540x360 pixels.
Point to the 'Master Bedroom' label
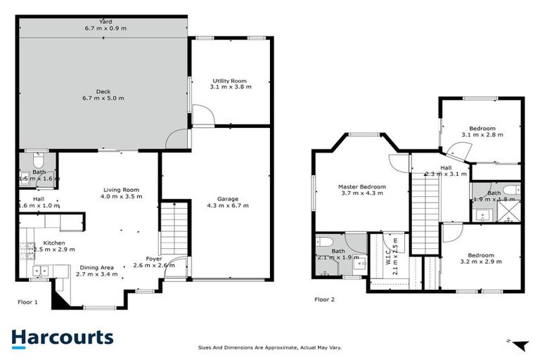(359, 186)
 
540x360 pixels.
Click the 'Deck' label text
(103, 91)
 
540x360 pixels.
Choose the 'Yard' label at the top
(105, 22)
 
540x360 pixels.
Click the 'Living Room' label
(121, 189)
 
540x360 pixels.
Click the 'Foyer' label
(154, 259)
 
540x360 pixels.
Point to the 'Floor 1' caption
(28, 301)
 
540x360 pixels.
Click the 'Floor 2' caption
(324, 298)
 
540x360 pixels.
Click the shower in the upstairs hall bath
(510, 210)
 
